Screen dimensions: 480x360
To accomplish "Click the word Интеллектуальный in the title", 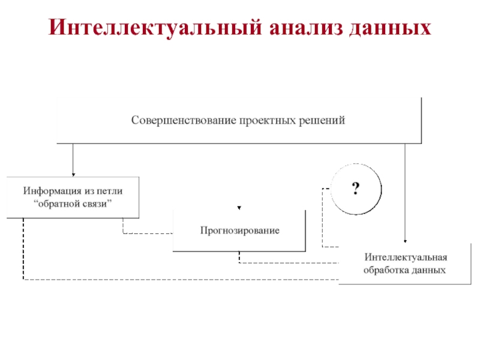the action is coord(155,28).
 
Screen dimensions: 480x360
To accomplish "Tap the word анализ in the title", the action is coord(306,28).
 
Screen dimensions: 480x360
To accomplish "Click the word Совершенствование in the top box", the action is coord(184,120).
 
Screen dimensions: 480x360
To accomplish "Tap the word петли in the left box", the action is coord(110,191).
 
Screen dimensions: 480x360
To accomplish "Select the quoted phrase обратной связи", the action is coord(73,203).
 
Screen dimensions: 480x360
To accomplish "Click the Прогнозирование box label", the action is coord(239,230).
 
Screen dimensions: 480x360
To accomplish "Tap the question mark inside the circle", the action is coord(355,188).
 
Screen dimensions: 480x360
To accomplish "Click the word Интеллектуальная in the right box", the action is coord(406,257).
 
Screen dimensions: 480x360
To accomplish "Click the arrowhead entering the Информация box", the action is coord(73,175).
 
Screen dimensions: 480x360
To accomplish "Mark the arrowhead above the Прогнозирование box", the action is coord(239,208).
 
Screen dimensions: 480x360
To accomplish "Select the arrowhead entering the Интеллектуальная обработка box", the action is coord(405,241).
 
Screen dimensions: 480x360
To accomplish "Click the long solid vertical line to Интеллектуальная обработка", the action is coord(405,192).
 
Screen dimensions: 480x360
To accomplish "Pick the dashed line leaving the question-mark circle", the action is coord(322,218).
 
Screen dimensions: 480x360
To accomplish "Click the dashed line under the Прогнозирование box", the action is coord(289,263).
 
